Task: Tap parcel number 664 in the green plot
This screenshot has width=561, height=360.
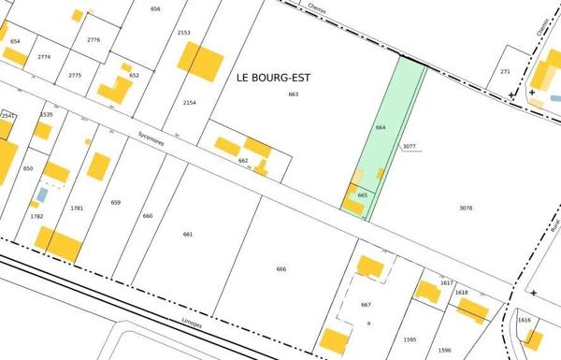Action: pos(381,126)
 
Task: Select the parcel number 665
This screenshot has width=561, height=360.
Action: pos(363,194)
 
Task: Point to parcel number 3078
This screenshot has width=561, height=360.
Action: pos(466,207)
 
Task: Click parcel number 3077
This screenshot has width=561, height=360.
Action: pos(410,147)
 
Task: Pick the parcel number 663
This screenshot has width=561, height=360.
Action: pos(293,94)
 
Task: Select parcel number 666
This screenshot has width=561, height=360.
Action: pos(281,269)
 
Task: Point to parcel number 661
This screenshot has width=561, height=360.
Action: pos(188,234)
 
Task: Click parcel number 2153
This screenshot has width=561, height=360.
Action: pos(183,33)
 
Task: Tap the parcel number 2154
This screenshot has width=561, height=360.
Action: pos(190,102)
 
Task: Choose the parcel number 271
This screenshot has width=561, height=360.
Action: pos(505,71)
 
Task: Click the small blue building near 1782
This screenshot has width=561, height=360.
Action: pos(42,194)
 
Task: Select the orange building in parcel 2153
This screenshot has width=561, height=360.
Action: pos(200,62)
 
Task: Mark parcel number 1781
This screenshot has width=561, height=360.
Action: pos(77,208)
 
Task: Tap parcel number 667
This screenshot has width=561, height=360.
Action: pos(366,305)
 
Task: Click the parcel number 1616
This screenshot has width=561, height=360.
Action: pos(524,320)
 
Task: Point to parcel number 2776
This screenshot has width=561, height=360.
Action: pos(93,40)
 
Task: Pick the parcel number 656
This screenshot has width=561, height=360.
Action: pos(155,8)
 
